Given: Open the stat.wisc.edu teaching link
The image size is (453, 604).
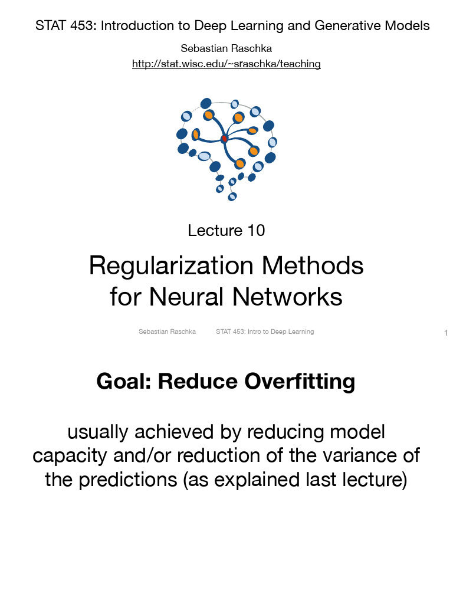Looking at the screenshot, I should tap(226, 64).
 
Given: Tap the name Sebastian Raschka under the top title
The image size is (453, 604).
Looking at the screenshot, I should tap(226, 48).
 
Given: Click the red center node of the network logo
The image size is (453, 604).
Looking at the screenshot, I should tap(224, 139).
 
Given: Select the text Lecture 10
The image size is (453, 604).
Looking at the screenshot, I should tap(226, 230).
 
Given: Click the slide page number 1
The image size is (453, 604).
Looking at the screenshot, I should tap(446, 334).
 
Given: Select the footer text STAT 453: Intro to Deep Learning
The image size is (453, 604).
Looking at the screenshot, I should tap(265, 331).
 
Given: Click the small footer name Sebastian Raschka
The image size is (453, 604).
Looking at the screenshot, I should tap(167, 331).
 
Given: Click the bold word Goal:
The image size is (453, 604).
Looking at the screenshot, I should tap(124, 382).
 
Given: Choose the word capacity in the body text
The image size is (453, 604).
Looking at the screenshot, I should tap(65, 456).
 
